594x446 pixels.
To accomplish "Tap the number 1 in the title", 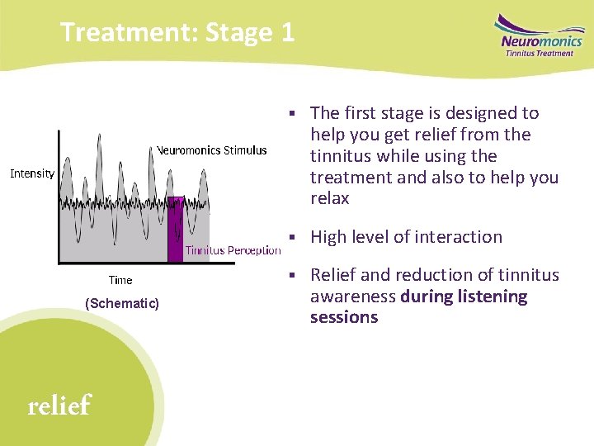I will [x=286, y=33].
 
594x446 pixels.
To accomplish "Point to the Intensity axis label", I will [x=32, y=173].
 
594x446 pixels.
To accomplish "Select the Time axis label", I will [x=120, y=281].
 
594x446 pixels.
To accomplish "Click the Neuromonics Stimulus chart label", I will [x=212, y=150].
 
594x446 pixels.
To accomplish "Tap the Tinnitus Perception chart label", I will [x=233, y=250].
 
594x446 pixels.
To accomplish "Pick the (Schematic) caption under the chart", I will [x=122, y=304].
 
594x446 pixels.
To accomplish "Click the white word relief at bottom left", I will [x=59, y=406].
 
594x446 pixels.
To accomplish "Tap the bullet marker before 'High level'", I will [x=293, y=237].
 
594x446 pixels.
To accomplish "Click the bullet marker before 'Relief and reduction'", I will [x=293, y=275].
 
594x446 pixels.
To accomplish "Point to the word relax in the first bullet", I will [x=330, y=199].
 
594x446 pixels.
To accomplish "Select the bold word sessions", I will [x=344, y=318].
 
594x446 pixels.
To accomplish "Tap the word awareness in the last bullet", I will [x=353, y=297].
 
